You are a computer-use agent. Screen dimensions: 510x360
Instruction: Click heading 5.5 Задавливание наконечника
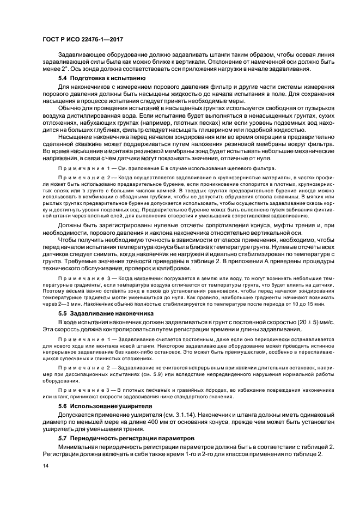(x=100, y=314)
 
